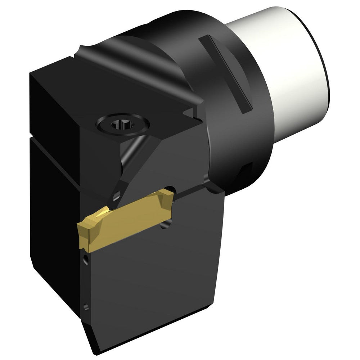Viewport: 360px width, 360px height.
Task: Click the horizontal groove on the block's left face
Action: click(x=54, y=142)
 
